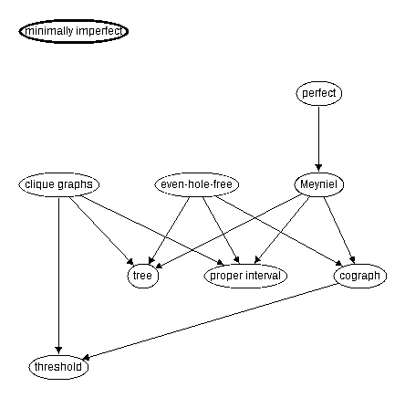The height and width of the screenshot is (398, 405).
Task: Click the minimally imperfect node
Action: [74, 31]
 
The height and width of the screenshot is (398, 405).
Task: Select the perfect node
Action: [319, 93]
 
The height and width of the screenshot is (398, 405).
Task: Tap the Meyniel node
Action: [319, 184]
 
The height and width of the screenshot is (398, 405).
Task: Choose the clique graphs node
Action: [59, 184]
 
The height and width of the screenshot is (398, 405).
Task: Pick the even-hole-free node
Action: [197, 184]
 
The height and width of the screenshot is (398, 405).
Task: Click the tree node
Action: [143, 276]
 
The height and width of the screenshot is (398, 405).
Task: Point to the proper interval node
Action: [245, 276]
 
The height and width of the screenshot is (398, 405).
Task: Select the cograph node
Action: [360, 276]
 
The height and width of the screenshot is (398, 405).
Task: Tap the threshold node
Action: [58, 367]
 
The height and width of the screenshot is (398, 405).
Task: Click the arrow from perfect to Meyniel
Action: [318, 139]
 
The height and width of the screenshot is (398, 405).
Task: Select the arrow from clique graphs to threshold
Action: [58, 276]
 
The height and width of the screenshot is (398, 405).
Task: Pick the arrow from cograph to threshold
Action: [210, 321]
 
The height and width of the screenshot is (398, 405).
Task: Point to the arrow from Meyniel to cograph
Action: [339, 230]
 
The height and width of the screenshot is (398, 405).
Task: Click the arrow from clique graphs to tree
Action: [101, 231]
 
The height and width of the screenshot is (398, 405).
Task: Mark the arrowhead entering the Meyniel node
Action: [318, 168]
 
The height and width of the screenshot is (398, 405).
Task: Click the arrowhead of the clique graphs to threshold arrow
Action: [58, 351]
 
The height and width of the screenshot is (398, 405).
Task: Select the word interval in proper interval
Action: [263, 276]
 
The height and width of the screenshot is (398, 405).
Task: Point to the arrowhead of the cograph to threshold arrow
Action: [87, 358]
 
